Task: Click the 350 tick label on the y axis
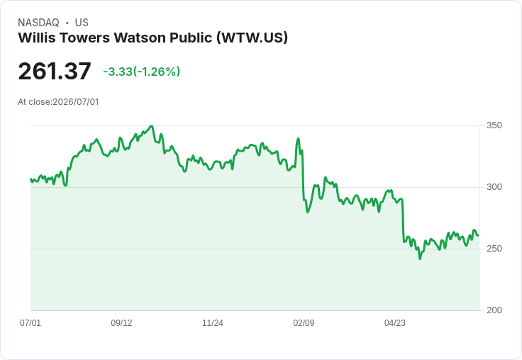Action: point(494,125)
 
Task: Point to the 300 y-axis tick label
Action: point(494,187)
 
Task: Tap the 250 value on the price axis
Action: point(494,249)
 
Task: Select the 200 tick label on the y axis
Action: point(494,310)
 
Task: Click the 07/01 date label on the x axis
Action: point(30,322)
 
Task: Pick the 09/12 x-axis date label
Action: point(121,322)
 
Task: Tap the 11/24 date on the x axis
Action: point(213,322)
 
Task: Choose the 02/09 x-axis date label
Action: point(304,322)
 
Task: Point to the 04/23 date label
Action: point(395,322)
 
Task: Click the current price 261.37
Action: point(55,71)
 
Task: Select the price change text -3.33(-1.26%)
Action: point(141,72)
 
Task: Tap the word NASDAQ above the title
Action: point(38,23)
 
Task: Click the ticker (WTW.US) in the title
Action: point(252,38)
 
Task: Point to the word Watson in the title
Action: point(140,38)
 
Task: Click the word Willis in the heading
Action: point(37,38)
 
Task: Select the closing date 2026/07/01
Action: point(76,102)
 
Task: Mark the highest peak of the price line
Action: point(152,126)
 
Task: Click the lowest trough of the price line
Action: point(420,259)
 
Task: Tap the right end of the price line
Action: point(479,235)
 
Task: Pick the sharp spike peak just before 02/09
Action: point(299,138)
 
